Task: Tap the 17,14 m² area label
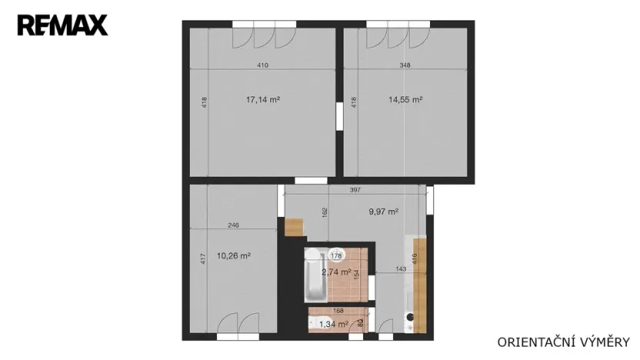pos(262,99)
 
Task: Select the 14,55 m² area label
pos(406,99)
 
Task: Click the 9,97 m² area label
pos(382,212)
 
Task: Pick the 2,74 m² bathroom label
pos(335,272)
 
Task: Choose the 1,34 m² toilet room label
pos(333,324)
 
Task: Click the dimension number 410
pos(262,65)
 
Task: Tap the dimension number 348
pos(405,65)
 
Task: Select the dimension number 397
pos(355,190)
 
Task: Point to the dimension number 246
pos(233,225)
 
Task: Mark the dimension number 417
pos(203,259)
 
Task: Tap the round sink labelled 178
pos(335,255)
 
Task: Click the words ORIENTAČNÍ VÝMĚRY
pos(564,341)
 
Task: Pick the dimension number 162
pos(325,212)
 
